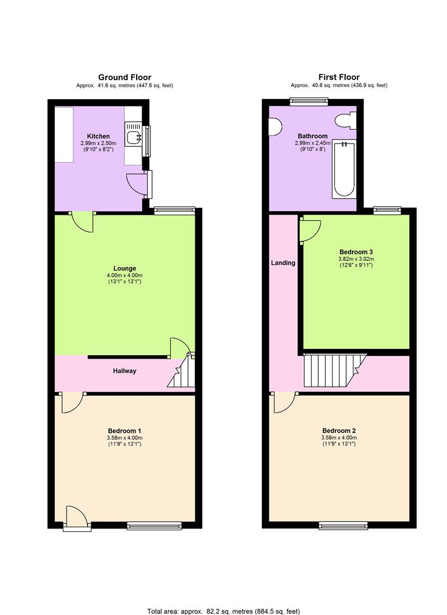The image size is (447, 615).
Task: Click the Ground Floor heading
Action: point(125,77)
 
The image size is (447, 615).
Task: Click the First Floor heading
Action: point(339,77)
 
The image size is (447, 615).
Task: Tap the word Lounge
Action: point(125,268)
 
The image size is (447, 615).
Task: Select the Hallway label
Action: point(124,371)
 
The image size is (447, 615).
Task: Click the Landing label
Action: point(283,263)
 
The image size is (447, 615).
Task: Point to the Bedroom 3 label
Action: point(356,251)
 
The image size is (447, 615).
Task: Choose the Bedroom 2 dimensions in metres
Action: point(339,437)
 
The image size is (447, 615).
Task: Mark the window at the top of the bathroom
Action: point(309,102)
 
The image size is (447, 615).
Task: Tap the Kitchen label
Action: point(98,136)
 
